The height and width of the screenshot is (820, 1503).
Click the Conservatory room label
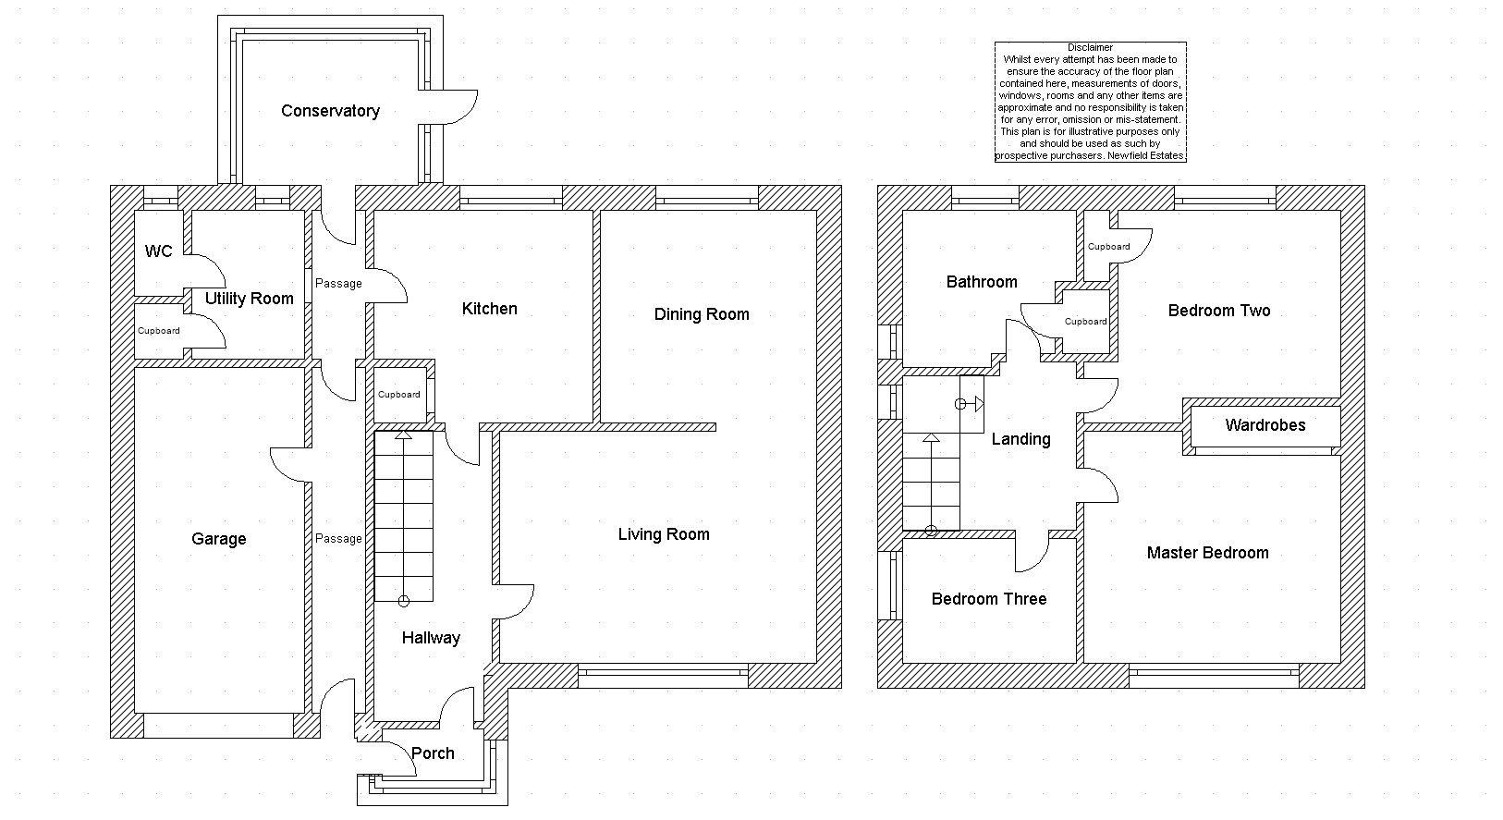(330, 111)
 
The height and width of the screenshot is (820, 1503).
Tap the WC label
(158, 251)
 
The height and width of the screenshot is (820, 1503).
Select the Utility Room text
(249, 299)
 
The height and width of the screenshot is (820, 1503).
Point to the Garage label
(219, 539)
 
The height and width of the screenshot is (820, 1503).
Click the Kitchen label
(489, 309)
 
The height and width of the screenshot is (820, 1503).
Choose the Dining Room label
(702, 314)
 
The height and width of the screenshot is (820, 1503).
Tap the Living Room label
(664, 534)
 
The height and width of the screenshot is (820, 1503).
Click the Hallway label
(431, 638)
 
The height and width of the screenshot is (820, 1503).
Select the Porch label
(433, 753)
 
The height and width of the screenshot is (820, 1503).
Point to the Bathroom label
(982, 282)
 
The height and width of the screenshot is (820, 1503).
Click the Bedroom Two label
(1219, 311)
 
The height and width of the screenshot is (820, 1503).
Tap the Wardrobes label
(1265, 425)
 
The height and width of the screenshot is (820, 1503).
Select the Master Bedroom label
(1207, 553)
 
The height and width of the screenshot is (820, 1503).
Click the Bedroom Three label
(989, 599)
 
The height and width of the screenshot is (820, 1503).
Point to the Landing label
(1020, 439)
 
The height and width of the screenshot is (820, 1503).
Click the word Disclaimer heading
(1090, 47)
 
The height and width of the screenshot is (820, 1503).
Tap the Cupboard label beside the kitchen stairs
(399, 395)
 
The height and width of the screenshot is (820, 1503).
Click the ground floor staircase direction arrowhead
(404, 435)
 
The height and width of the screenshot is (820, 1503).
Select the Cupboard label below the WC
(159, 331)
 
